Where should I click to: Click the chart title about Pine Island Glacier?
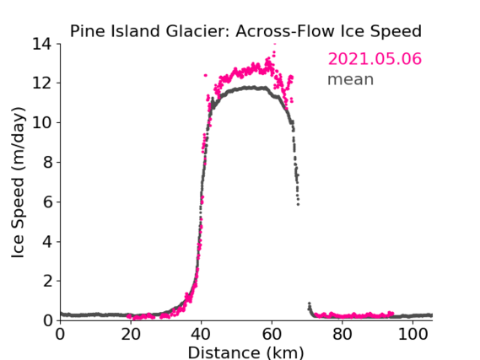[245, 31]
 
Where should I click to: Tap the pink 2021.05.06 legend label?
[375, 59]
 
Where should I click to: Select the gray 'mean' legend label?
[351, 79]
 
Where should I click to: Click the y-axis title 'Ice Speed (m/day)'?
[18, 182]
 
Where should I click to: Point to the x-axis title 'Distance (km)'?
[245, 352]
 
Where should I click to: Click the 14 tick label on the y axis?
[42, 44]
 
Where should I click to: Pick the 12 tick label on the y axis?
[42, 83]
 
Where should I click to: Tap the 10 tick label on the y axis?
[42, 122]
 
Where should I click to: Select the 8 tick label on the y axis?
[47, 163]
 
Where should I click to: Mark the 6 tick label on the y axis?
[47, 201]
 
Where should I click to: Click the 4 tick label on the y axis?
[47, 242]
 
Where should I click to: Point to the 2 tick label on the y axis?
[47, 281]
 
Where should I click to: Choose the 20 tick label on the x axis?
[131, 334]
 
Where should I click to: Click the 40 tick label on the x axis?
[202, 334]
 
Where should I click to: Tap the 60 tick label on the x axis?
[272, 334]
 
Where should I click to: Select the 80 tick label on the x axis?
[342, 334]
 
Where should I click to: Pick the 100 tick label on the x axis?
[413, 334]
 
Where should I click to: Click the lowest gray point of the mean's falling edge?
[298, 204]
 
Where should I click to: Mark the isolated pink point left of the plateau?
[205, 75]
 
